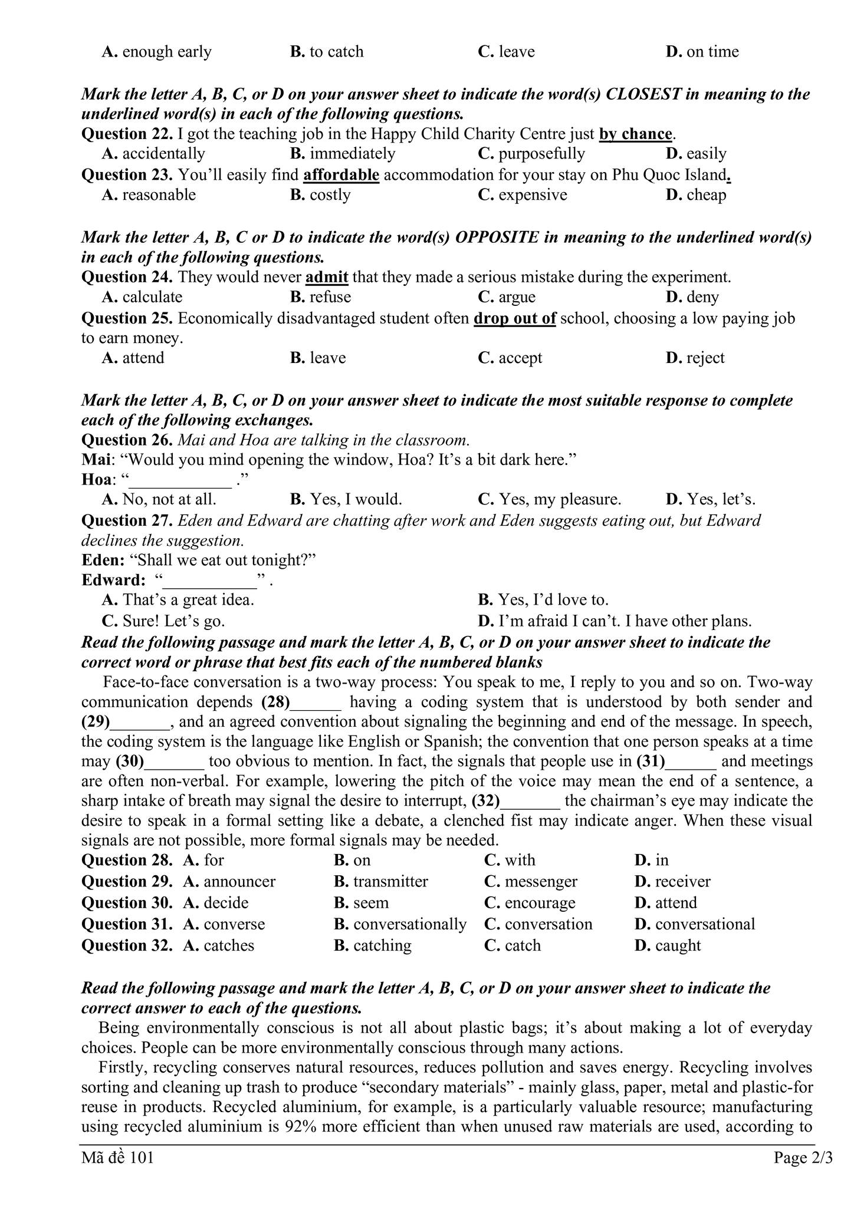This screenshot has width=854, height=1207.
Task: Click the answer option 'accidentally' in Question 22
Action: [163, 154]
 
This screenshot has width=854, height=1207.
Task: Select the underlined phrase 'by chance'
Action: [635, 134]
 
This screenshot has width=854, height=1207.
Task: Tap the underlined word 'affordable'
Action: [341, 175]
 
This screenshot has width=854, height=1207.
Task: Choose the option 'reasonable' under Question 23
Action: [159, 195]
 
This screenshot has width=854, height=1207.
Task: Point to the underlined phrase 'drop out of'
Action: [514, 319]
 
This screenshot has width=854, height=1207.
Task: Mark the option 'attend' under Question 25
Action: [143, 358]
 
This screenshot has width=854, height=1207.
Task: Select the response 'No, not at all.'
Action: [169, 500]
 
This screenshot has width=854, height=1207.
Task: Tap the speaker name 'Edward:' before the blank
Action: [113, 580]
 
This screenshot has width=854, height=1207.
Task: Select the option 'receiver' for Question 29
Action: [682, 882]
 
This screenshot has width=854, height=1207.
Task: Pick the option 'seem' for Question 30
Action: [371, 903]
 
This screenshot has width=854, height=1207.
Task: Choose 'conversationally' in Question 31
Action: [409, 924]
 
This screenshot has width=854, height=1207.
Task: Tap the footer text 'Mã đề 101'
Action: [118, 1158]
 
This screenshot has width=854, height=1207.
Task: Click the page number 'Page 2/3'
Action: [803, 1158]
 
